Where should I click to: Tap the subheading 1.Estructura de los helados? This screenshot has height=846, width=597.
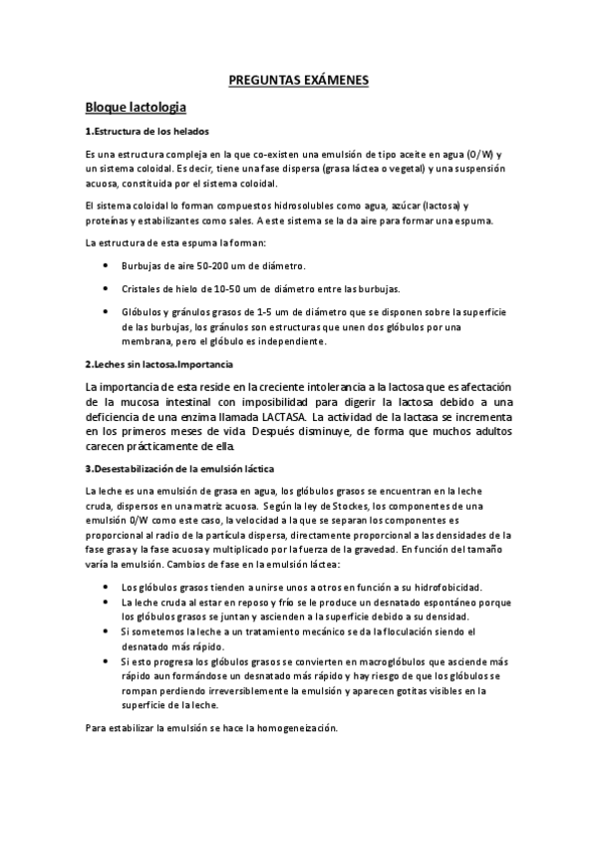(x=147, y=132)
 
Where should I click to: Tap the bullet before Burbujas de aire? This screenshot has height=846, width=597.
(x=107, y=266)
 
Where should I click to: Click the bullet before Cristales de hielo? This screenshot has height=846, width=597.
(x=107, y=288)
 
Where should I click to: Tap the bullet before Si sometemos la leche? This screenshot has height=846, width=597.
(x=107, y=632)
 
